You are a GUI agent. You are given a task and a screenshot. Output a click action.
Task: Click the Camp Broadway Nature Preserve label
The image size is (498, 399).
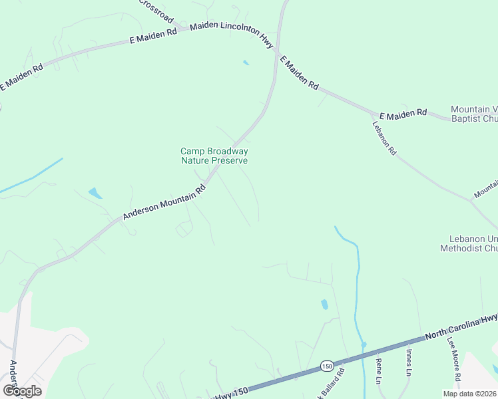[214, 156]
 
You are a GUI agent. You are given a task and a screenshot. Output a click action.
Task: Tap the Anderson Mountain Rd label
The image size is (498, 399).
[164, 203]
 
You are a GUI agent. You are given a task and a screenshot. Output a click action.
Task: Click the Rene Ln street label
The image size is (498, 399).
[378, 371]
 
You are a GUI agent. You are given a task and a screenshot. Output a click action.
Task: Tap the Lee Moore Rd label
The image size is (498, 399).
[454, 368]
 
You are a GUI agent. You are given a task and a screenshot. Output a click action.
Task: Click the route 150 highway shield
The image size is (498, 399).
[326, 366]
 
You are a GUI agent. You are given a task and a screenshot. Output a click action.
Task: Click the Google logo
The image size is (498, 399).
[21, 390]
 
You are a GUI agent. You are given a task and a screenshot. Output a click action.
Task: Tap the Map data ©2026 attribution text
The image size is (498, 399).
[469, 394]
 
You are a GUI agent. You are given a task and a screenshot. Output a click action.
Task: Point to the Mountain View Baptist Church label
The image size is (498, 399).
[474, 114]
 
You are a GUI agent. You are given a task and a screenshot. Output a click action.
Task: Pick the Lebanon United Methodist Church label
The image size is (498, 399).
[469, 243]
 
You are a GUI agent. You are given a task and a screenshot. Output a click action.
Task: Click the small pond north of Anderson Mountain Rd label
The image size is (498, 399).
[96, 193]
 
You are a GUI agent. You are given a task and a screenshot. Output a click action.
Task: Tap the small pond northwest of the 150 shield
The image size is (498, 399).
[324, 305]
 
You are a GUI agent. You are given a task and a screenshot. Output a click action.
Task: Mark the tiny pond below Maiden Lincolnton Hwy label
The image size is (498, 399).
[246, 63]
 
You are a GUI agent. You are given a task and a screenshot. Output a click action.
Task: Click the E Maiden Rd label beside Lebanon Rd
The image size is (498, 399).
[403, 114]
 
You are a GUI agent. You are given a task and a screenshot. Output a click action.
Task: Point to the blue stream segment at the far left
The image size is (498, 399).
[31, 176]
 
